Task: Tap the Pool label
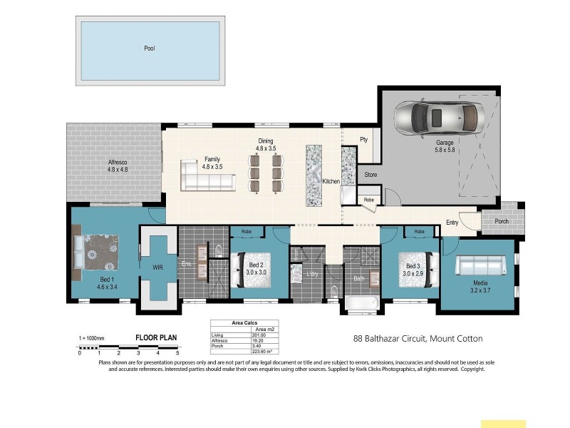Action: tap(149, 49)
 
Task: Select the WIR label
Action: tap(158, 268)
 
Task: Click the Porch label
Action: tap(502, 221)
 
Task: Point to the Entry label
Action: tap(452, 223)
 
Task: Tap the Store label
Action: tap(370, 174)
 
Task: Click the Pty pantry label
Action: tap(363, 140)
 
